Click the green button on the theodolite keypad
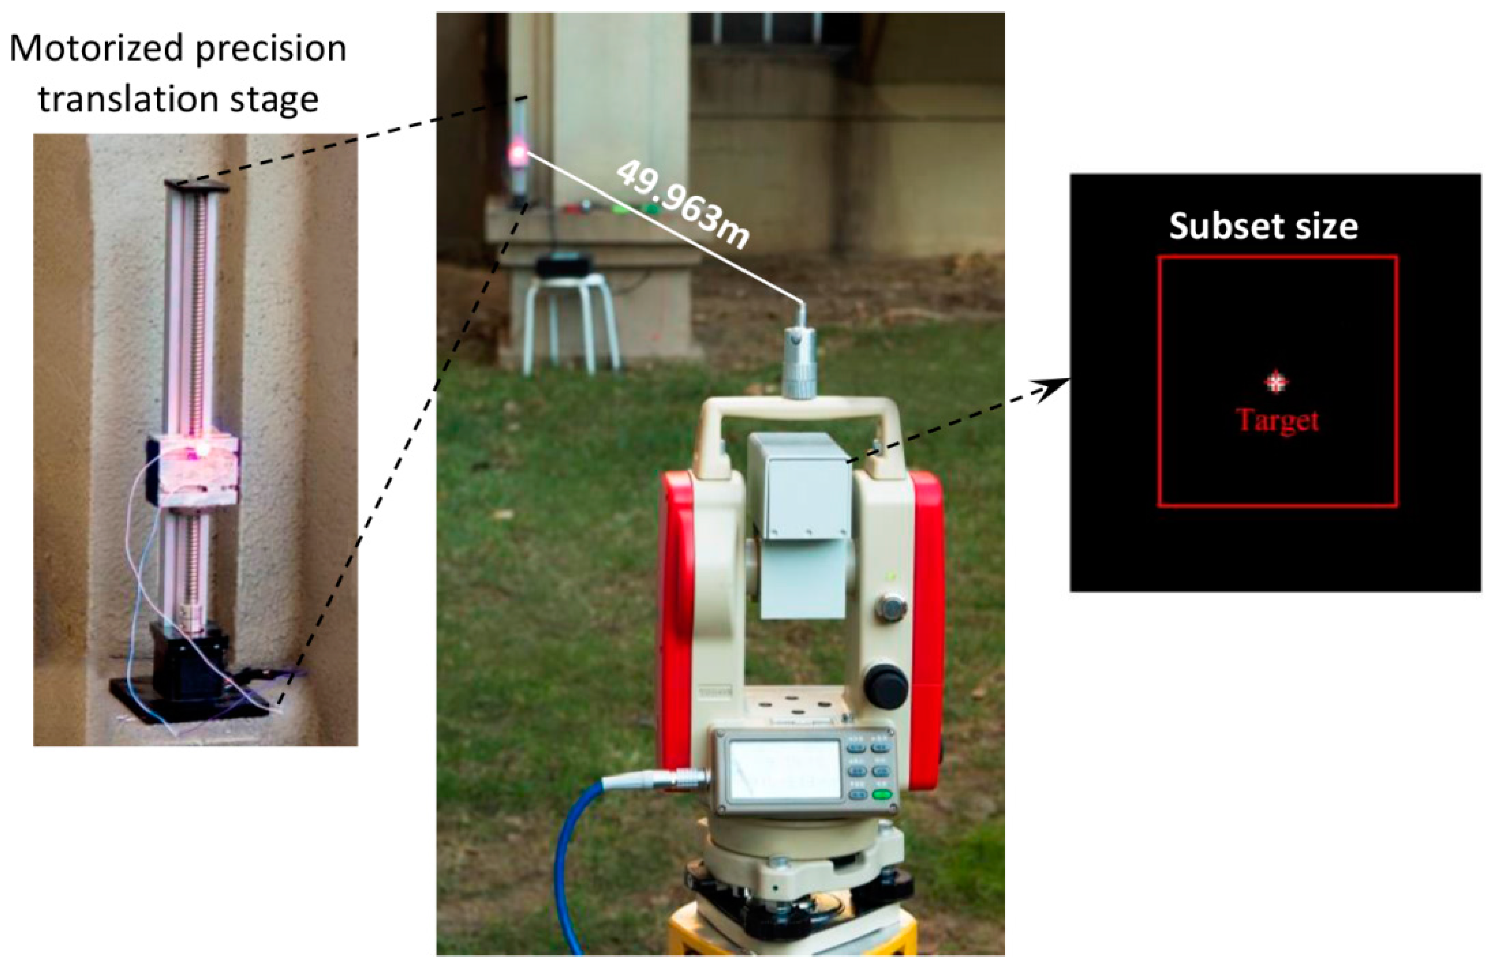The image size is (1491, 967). [882, 795]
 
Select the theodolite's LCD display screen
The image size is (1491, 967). [786, 769]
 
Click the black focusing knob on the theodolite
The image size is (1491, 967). [886, 685]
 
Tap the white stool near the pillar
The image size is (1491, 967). [570, 319]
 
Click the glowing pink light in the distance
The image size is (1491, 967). [518, 152]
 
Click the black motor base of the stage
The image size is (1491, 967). [188, 664]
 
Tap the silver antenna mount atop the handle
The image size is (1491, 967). [798, 363]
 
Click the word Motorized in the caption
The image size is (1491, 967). [97, 49]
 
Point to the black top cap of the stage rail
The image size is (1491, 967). [197, 186]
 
